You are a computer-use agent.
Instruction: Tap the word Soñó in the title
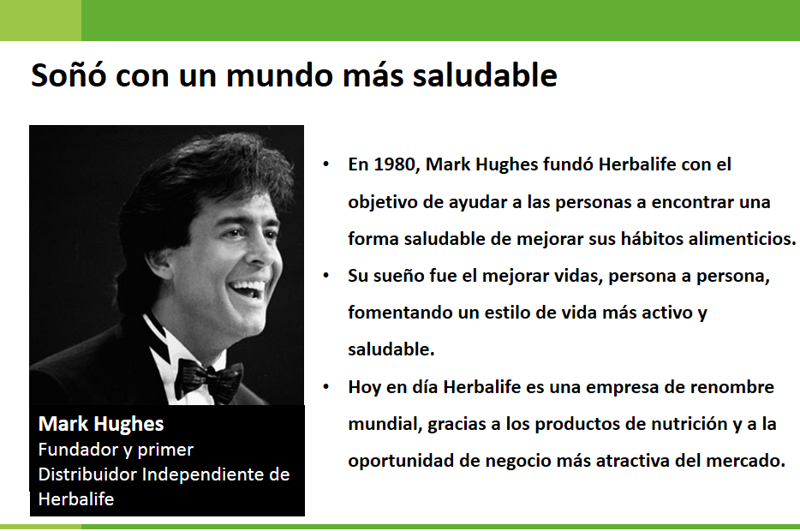69,75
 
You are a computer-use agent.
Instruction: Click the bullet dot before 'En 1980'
326,164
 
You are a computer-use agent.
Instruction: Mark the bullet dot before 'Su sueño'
326,276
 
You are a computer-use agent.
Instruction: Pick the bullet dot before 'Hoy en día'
326,386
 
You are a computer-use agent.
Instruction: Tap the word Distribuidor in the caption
87,474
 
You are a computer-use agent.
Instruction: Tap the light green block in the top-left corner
40,21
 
